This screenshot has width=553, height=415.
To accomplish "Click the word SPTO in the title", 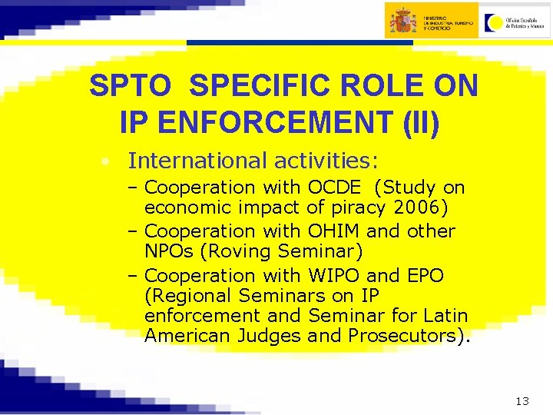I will tap(130, 86).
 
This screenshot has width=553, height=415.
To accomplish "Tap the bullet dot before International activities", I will tap(103, 162).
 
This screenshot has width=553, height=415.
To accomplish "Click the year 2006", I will tap(422, 207).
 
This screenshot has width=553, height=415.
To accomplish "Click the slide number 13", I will tap(523, 401).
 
